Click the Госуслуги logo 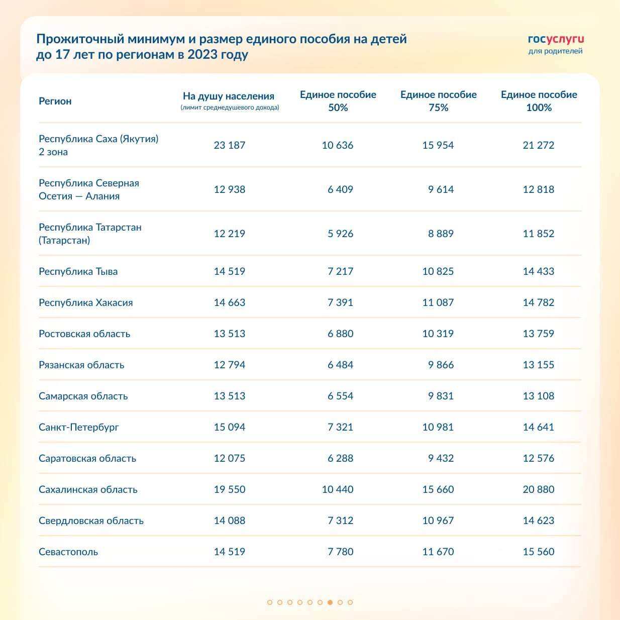(556, 39)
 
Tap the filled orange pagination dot (330, 602)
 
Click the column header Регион (55, 101)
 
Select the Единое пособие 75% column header (438, 101)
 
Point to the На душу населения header (229, 96)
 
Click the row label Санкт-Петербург (79, 427)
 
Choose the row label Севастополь (68, 552)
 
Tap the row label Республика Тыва (78, 271)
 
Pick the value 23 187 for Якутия (230, 145)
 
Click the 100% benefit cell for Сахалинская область (539, 489)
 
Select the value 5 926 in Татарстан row (340, 234)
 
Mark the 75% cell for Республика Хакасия (438, 302)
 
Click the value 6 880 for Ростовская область (340, 334)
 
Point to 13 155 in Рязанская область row (539, 365)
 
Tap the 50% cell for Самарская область (340, 396)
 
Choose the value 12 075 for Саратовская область (230, 458)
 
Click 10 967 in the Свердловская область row (438, 521)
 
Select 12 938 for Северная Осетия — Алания (230, 189)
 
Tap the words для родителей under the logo (555, 51)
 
